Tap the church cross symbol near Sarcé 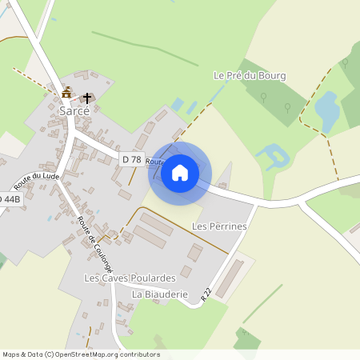point(86,98)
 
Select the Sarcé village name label point(73,111)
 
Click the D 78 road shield point(131,160)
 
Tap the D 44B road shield point(8,198)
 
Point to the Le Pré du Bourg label point(250,76)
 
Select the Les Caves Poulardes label point(130,278)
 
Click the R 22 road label point(206,295)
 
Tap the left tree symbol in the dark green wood point(264,97)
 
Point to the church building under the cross point(86,102)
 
